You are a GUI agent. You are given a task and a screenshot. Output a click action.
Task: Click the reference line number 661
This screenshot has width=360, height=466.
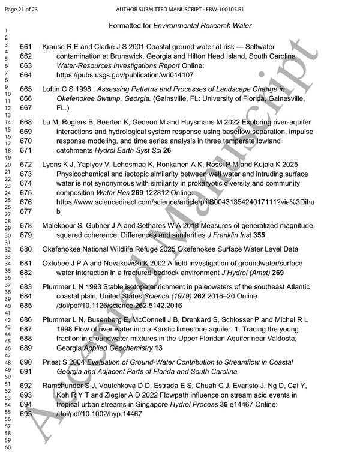pos(25,47)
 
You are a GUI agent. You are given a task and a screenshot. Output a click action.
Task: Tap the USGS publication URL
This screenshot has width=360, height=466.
pos(125,75)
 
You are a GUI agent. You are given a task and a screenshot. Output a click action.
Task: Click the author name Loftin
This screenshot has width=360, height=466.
pos(52,88)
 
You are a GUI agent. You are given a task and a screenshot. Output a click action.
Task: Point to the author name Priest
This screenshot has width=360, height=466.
pos(52,363)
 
